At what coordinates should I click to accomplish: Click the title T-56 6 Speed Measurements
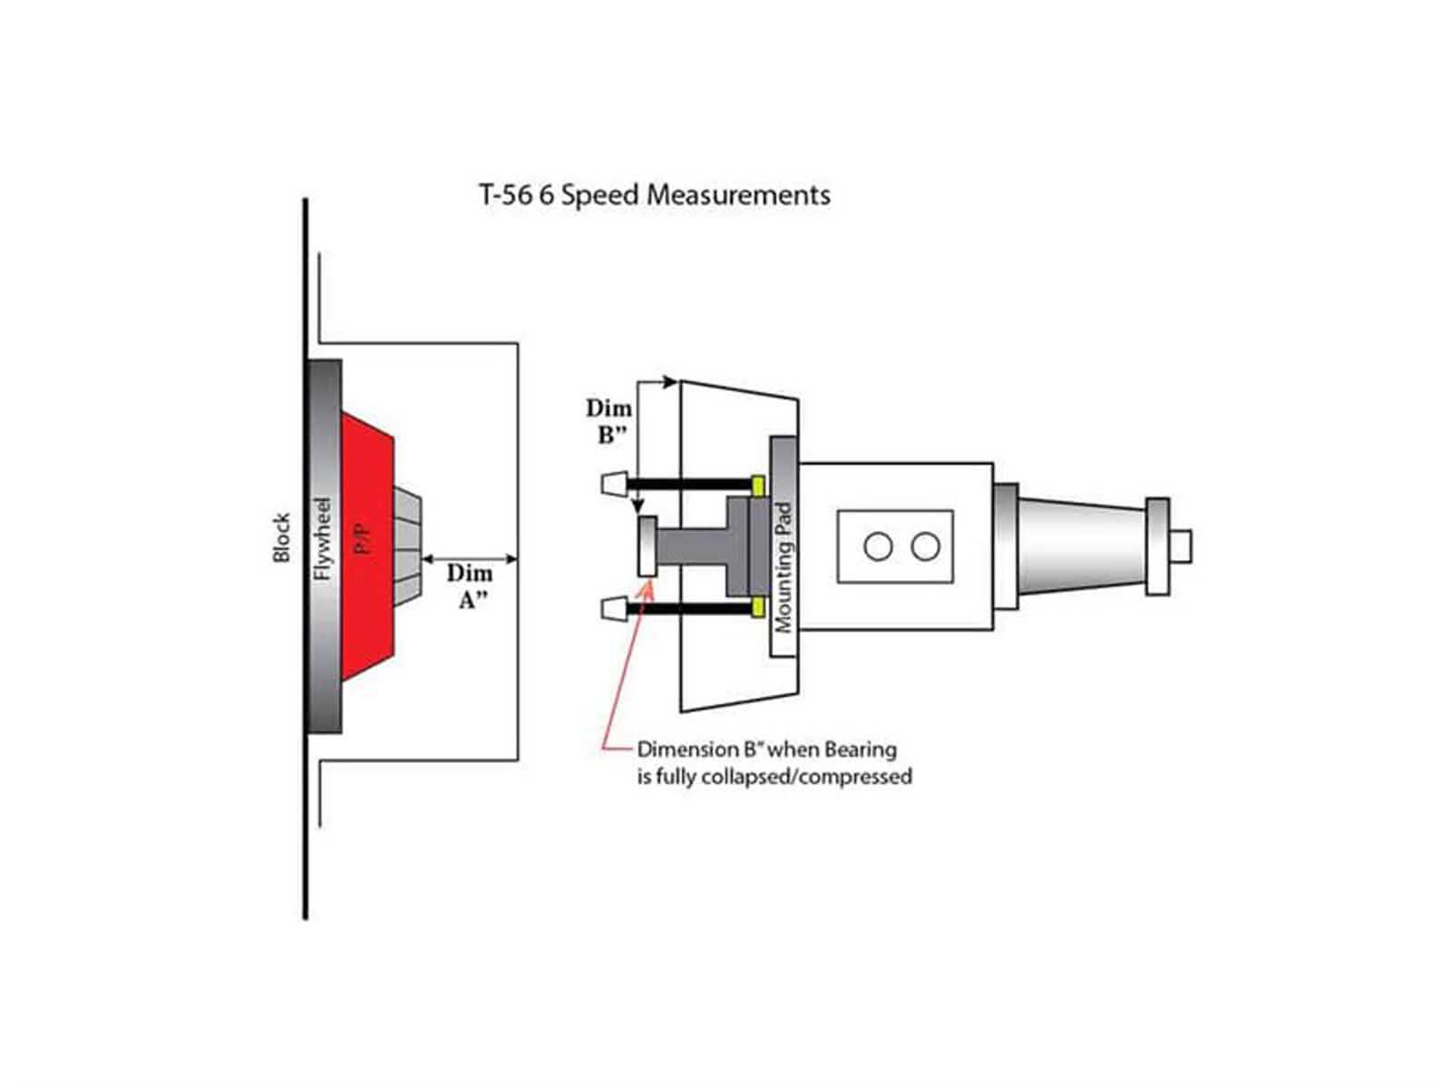click(654, 195)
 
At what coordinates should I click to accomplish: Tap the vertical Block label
click(282, 536)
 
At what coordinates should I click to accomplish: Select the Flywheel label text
click(323, 538)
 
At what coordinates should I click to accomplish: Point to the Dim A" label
click(469, 586)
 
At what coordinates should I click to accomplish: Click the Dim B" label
click(609, 421)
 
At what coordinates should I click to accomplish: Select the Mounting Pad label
click(784, 568)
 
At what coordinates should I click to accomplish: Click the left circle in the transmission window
click(878, 546)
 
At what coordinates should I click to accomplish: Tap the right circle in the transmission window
click(925, 546)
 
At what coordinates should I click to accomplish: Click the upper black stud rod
click(689, 483)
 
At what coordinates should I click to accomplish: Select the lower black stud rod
click(689, 607)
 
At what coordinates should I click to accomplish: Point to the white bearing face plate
click(647, 545)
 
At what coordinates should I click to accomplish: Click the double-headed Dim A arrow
click(470, 559)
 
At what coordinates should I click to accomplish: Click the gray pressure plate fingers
click(407, 545)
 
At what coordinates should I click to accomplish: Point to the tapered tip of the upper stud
click(612, 483)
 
